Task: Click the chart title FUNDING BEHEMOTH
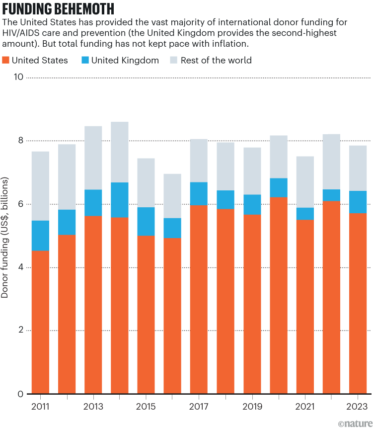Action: coord(59,9)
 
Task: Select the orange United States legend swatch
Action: coord(6,61)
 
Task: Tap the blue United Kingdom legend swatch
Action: coord(84,61)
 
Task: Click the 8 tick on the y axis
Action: coord(20,141)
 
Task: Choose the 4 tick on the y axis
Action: coord(20,267)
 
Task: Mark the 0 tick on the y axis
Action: coord(20,394)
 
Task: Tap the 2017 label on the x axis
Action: coord(199,406)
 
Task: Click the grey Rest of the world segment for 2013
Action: coord(93,158)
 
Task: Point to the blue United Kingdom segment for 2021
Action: coord(305,214)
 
